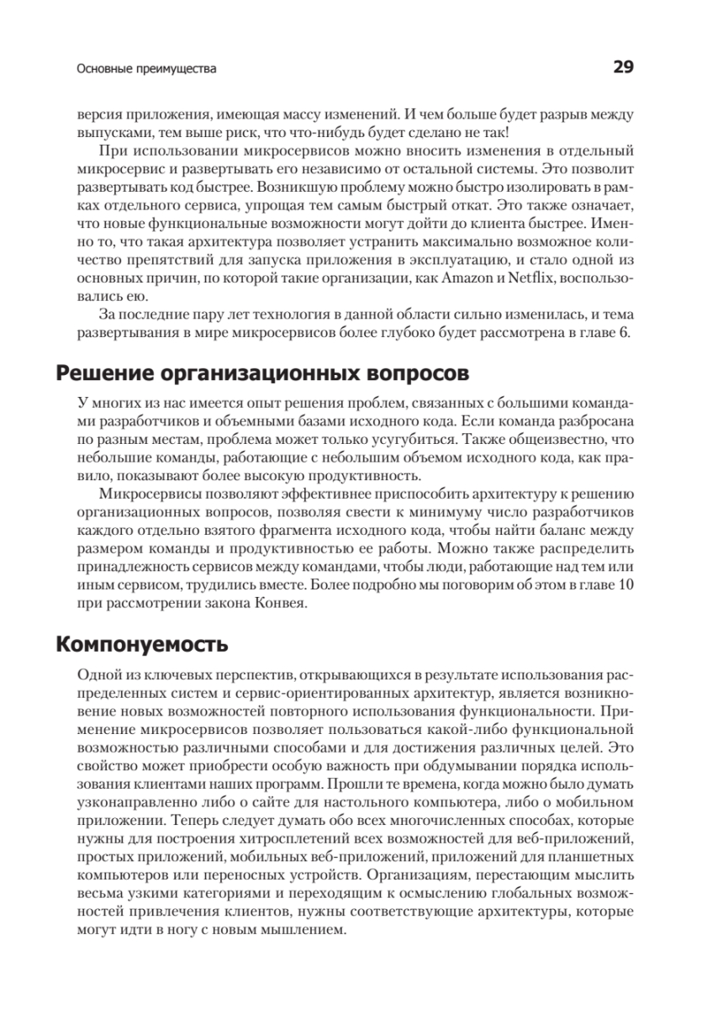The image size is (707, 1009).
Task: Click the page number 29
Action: coord(623,68)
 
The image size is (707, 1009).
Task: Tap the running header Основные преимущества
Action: coord(146,70)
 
